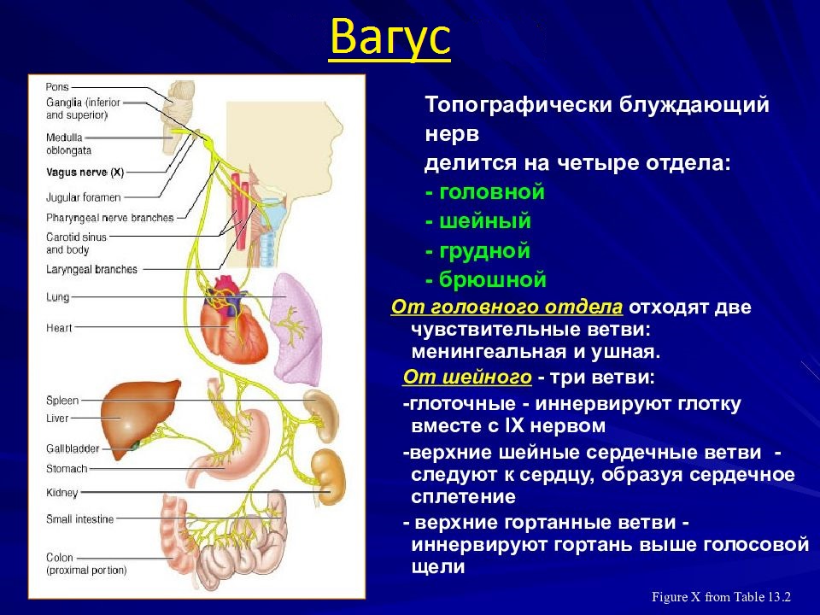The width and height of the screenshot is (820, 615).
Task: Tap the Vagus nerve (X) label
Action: coord(85,172)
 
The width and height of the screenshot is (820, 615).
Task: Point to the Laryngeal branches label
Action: coord(91,269)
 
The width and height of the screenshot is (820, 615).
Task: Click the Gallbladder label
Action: coord(73,448)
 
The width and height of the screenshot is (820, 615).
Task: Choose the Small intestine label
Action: coord(79,518)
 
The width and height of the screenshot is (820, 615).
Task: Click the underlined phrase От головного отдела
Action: coord(507,307)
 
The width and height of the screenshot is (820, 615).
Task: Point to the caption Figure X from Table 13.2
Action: coord(722,597)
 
